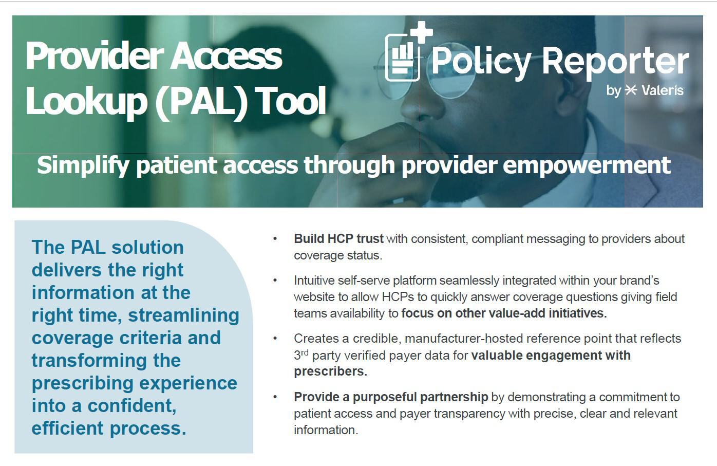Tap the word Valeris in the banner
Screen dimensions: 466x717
pyautogui.click(x=662, y=90)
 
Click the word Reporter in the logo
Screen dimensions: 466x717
pyautogui.click(x=615, y=62)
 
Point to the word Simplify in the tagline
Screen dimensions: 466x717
pyautogui.click(x=83, y=165)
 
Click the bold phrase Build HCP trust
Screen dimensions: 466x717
pyautogui.click(x=338, y=239)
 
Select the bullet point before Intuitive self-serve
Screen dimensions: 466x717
pyautogui.click(x=275, y=281)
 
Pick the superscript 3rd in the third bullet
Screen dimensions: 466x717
pyautogui.click(x=301, y=355)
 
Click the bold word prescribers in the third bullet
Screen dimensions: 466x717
pyautogui.click(x=330, y=371)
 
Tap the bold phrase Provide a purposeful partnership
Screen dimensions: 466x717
pyautogui.click(x=391, y=397)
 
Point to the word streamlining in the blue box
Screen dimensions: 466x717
pyautogui.click(x=183, y=315)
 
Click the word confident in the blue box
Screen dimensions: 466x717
pyautogui.click(x=131, y=405)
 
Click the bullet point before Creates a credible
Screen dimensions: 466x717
pyautogui.click(x=275, y=339)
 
